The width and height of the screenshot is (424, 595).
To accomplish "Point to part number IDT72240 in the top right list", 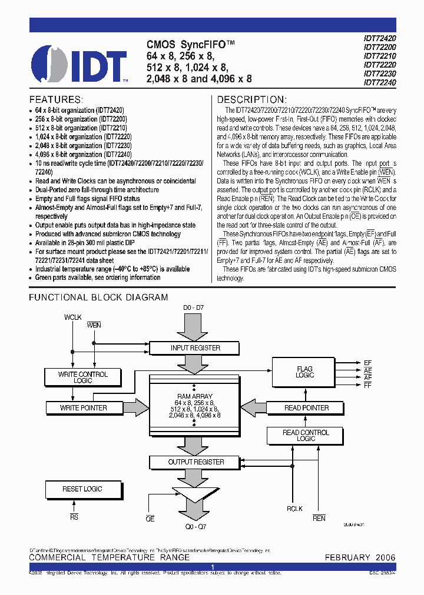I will tap(379, 83).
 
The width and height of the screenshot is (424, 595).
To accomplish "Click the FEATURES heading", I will tap(56, 99).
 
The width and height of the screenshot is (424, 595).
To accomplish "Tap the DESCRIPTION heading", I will tap(252, 99).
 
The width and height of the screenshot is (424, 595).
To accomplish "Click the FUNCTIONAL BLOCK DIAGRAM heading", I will tap(98, 297).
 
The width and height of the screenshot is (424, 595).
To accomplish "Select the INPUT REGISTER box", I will tap(196, 348).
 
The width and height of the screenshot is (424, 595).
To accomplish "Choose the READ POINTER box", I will tap(306, 407).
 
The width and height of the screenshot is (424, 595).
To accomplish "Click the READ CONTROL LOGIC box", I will tap(306, 436).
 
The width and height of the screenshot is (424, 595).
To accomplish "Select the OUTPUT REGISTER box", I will tap(196, 462).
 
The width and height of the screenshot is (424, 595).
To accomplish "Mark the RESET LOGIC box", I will tap(82, 489).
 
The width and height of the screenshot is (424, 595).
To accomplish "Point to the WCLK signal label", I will tap(74, 317).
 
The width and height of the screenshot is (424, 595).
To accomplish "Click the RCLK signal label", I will tap(294, 509).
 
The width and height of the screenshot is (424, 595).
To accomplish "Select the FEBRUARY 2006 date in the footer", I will tap(360, 557).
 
